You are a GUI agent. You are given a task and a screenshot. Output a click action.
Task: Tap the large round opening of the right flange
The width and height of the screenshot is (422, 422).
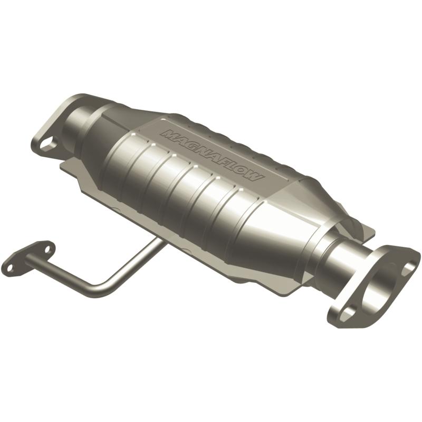tap(379, 285)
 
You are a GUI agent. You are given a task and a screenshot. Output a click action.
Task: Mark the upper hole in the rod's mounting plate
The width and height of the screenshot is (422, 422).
tap(46, 247)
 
